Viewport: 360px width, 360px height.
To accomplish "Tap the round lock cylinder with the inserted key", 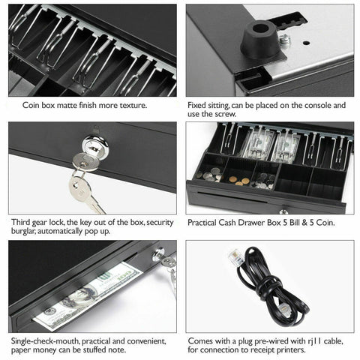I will [x=93, y=143].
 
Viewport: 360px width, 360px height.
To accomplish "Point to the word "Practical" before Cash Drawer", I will [x=207, y=223].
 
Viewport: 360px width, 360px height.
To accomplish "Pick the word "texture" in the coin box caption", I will [x=130, y=106].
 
